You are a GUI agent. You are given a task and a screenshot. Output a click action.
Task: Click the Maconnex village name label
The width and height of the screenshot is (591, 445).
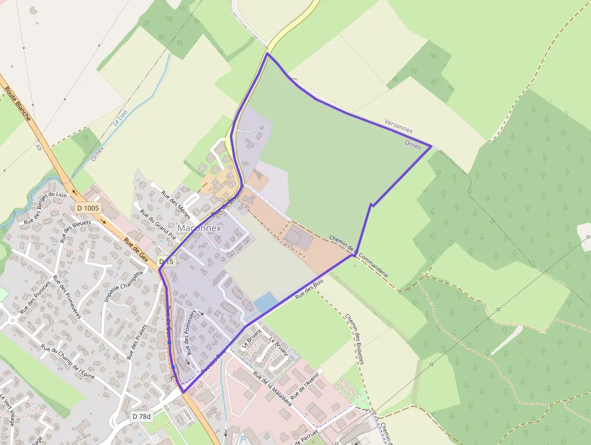(199, 229)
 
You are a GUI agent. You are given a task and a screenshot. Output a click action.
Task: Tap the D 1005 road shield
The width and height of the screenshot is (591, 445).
(88, 208)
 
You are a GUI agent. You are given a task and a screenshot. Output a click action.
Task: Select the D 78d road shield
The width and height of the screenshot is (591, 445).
(142, 417)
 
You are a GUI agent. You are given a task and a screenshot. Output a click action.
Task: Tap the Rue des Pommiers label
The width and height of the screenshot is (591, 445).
(191, 332)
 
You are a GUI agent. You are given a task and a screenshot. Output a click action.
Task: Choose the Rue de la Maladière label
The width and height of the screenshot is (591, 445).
(273, 389)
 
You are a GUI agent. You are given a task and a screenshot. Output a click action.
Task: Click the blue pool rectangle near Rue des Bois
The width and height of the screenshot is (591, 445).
(267, 301)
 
